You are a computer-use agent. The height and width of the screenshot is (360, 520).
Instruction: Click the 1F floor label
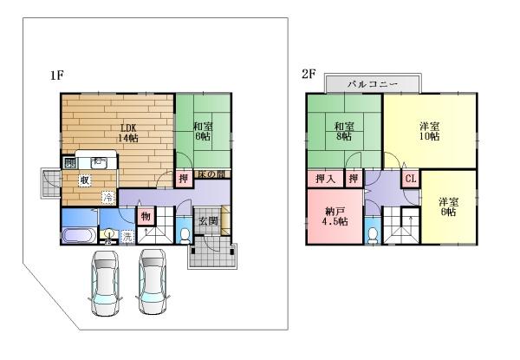(57, 75)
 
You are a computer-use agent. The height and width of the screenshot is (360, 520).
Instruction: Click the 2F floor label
(309, 75)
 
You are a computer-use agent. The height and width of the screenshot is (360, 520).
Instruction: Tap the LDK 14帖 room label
(129, 133)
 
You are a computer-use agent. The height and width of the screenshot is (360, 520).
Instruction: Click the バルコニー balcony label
(372, 84)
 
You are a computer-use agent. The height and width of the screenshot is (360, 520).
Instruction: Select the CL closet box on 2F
(411, 179)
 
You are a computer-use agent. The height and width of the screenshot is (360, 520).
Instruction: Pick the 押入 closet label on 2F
(323, 179)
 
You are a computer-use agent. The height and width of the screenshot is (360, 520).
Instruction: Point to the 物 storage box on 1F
(145, 216)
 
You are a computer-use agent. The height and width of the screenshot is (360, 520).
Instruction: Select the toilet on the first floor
(183, 234)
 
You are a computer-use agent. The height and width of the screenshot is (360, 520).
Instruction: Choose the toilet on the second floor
(372, 234)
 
